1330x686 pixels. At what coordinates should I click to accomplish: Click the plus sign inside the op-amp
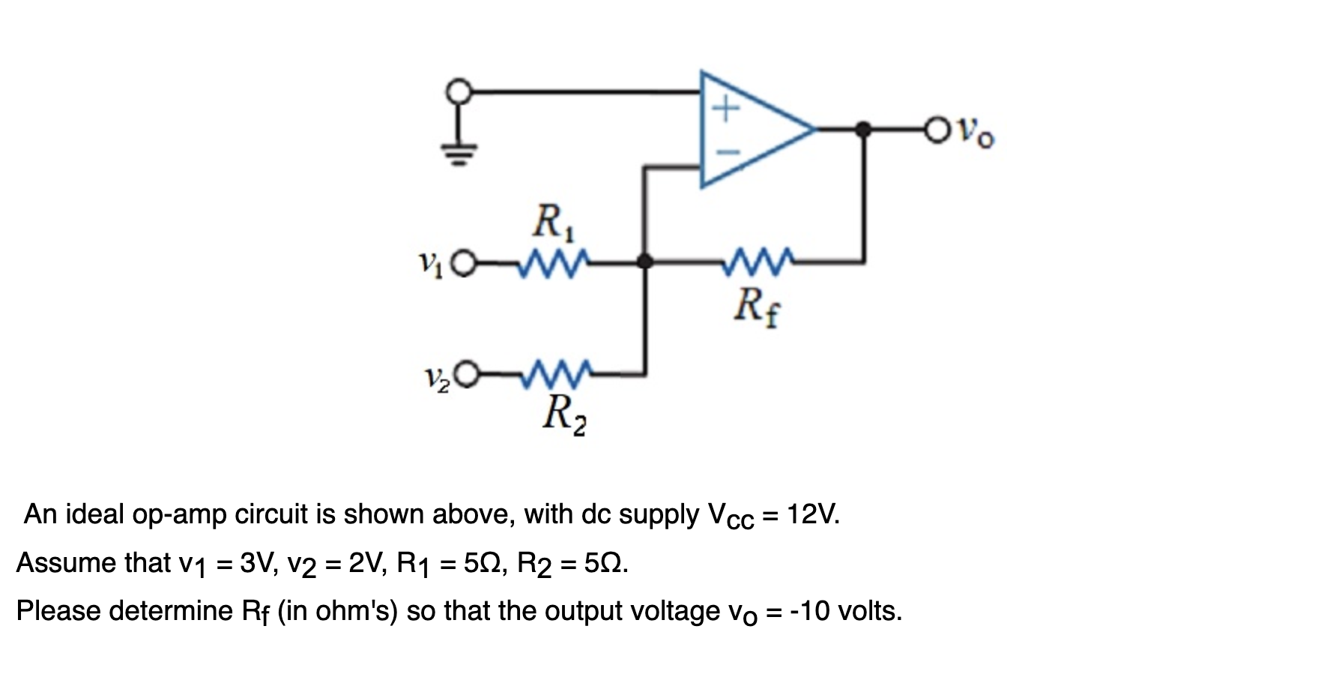(x=725, y=110)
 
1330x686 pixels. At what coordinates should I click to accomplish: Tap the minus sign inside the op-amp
(x=725, y=152)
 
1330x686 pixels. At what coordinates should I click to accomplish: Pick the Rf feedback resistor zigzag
(x=758, y=262)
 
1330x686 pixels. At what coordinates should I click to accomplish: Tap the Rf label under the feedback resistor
(x=757, y=306)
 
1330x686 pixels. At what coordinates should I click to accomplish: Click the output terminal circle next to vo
(x=937, y=130)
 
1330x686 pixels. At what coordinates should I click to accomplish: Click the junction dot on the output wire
(x=863, y=130)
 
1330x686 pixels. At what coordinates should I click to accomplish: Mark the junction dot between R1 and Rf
(x=644, y=262)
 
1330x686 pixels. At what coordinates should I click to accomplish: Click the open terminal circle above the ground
(x=459, y=92)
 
